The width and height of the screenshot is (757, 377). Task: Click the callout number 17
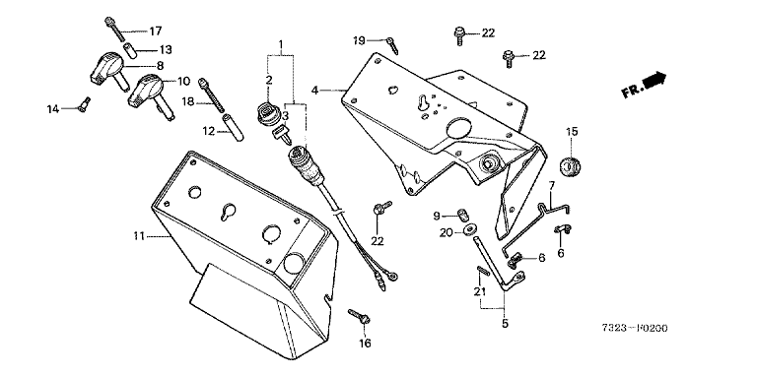coord(155,31)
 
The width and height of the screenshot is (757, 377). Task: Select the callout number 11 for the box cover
coord(139,236)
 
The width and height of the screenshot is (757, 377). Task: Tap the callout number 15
coord(572,132)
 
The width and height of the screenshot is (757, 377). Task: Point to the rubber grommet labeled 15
coord(570,166)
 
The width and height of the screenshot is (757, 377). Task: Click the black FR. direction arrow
coord(655,79)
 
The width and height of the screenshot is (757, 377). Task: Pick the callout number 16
coord(365,344)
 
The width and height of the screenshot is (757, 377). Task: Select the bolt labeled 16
coord(359,316)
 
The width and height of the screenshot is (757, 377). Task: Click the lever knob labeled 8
coord(108,69)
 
